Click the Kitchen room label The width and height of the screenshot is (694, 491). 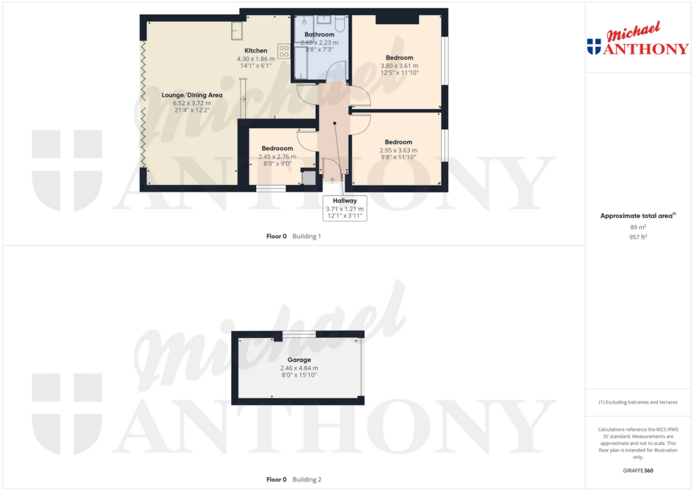click(x=256, y=50)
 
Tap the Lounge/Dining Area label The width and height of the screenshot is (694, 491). click(x=192, y=95)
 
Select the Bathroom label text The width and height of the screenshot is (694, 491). click(x=319, y=35)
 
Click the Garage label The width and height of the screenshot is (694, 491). click(x=299, y=360)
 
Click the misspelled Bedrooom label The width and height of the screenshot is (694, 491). click(x=277, y=148)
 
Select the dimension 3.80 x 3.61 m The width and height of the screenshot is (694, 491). click(x=399, y=66)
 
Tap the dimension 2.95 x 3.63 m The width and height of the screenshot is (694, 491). click(x=399, y=150)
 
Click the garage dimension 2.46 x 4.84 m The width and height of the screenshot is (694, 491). click(x=299, y=368)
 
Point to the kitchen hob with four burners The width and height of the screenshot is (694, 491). click(x=284, y=51)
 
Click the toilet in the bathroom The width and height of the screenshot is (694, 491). click(x=340, y=24)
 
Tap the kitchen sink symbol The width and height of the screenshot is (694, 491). click(x=237, y=30)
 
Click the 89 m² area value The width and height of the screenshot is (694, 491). click(x=638, y=228)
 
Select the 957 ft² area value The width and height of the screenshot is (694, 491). click(x=638, y=237)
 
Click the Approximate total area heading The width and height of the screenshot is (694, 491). click(x=638, y=216)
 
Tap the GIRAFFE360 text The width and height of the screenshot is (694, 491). click(x=638, y=471)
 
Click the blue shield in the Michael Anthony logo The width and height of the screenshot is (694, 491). click(x=594, y=47)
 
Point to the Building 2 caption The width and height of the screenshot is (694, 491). click(x=307, y=479)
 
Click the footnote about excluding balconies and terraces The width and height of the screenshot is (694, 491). click(x=638, y=402)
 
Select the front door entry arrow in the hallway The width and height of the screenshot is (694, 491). click(x=332, y=180)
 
